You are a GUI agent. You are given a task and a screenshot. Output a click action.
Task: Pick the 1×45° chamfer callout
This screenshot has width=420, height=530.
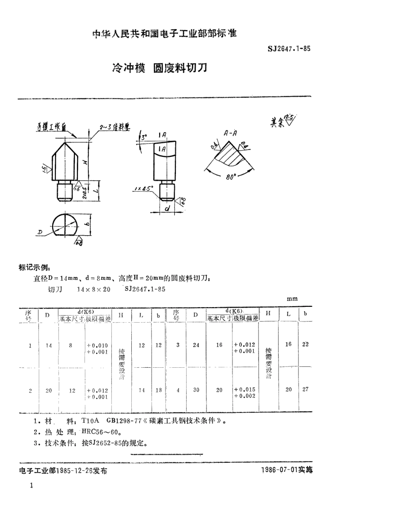(144, 188)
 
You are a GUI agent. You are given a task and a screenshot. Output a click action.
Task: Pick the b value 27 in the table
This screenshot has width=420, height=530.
(305, 389)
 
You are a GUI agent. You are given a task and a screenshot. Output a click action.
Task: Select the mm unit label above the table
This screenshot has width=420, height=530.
(292, 299)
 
